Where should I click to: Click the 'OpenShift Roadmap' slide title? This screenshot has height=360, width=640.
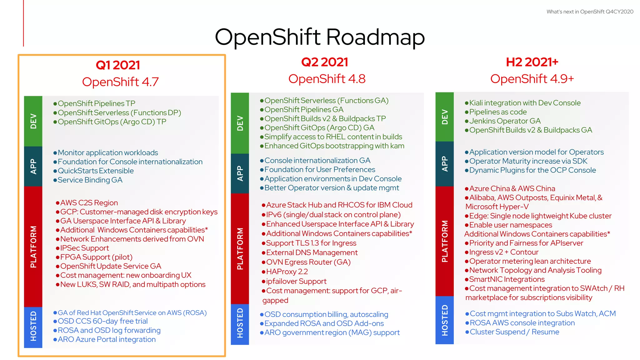[320, 37]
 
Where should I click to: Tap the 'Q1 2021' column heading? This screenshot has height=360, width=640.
[118, 65]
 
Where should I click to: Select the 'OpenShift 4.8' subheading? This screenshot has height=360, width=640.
[327, 79]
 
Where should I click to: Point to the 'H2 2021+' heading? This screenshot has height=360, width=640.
[532, 62]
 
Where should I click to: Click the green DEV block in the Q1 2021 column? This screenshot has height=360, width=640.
[33, 121]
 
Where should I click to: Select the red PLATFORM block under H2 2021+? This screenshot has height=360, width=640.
[444, 241]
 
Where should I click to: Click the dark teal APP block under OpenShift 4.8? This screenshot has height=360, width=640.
[240, 173]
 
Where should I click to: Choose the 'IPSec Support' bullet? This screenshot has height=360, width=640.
[84, 248]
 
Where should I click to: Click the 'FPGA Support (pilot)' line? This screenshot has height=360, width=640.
[96, 257]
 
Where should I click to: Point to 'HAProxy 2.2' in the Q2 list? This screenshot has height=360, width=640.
[287, 272]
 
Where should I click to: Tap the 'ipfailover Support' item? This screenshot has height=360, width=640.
[296, 281]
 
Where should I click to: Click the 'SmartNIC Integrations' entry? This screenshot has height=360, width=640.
[507, 279]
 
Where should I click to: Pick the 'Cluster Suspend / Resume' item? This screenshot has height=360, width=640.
[514, 332]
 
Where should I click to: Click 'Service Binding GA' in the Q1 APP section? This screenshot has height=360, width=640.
[90, 180]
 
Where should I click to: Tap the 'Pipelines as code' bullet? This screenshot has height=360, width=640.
[498, 112]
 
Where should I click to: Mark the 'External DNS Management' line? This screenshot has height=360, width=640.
[312, 252]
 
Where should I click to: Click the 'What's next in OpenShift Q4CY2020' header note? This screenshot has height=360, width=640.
[590, 12]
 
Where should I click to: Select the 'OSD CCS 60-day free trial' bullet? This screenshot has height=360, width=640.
[102, 321]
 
